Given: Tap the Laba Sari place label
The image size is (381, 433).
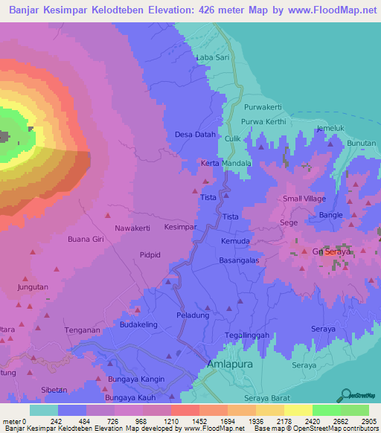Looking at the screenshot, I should [210, 57].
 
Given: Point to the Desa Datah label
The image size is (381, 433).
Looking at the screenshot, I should [195, 135].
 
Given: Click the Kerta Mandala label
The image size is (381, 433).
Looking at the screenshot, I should [226, 162].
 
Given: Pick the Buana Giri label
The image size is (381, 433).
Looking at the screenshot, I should [84, 240].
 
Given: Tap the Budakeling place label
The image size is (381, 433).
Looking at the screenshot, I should [141, 325].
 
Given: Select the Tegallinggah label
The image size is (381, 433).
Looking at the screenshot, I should [246, 334].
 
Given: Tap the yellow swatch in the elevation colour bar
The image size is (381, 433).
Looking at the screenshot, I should [298, 410].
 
